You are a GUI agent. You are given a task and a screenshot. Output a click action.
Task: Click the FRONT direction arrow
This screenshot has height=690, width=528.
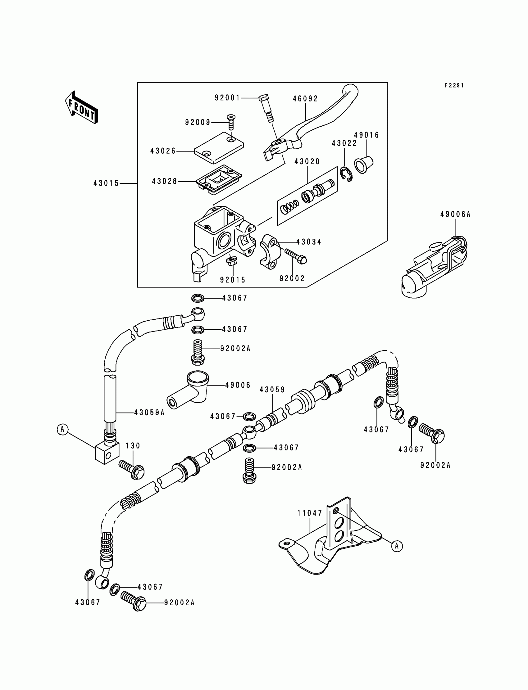tap(81, 107)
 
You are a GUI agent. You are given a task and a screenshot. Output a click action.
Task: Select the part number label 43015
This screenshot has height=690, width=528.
tap(106, 183)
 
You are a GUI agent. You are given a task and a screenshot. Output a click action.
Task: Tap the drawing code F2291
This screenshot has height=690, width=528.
tap(454, 85)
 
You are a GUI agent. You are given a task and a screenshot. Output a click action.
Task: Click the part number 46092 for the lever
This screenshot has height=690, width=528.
tap(306, 99)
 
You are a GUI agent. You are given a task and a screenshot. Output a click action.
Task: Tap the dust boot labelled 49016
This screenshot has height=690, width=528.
tap(364, 164)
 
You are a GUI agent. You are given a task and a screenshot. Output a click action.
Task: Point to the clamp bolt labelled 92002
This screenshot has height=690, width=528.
tap(295, 256)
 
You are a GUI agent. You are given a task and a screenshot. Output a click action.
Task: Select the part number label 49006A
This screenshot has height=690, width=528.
tap(455, 214)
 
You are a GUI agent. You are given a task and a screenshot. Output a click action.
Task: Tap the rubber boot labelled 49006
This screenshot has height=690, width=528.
tap(188, 390)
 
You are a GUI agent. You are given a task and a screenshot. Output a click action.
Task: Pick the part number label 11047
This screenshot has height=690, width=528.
tap(310, 513)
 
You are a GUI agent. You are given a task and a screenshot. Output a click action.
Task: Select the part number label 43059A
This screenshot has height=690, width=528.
tap(149, 413)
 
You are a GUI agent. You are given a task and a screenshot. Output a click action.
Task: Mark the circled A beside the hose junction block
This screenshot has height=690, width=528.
tap(62, 429)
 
